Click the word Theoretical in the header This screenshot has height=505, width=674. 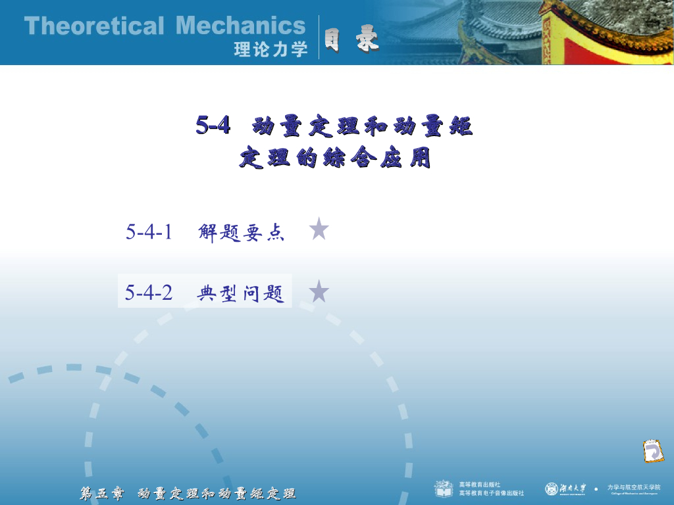point(93,26)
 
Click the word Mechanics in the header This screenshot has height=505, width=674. point(241,26)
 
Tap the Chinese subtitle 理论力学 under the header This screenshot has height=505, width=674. point(271,49)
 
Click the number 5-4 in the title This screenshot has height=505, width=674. point(213,125)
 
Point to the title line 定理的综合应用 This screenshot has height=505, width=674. point(334,158)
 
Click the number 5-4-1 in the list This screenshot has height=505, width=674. point(149,231)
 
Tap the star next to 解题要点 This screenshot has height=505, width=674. point(319,229)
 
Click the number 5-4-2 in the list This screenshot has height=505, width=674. point(149,293)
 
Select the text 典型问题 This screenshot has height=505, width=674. point(241,293)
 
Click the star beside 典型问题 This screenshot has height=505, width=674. point(319,291)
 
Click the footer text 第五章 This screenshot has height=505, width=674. point(102,493)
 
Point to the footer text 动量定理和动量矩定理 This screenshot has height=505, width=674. point(217,493)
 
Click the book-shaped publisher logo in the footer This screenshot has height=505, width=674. point(444,489)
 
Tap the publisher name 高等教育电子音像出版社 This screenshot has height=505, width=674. point(492,493)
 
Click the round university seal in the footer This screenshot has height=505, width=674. point(551,489)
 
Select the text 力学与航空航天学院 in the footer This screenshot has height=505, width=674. point(633,487)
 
